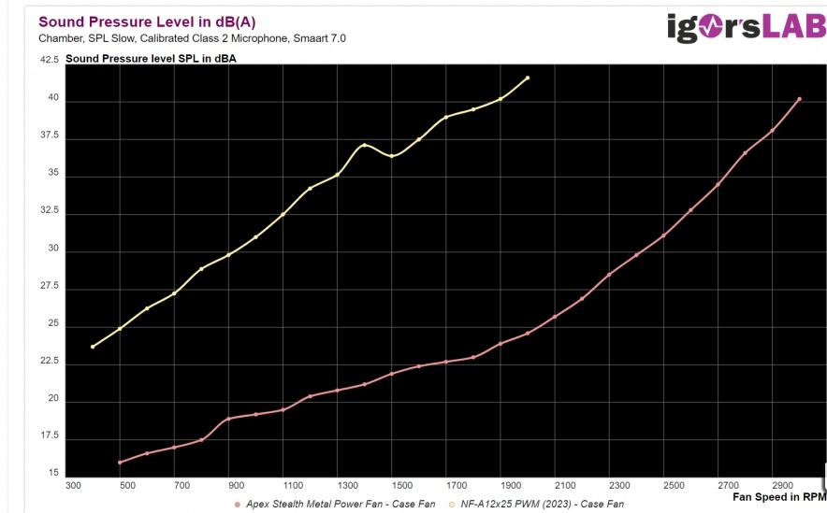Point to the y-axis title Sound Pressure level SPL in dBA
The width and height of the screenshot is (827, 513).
click(x=151, y=59)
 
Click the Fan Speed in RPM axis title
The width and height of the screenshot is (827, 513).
click(x=779, y=496)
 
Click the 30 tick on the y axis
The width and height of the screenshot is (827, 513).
click(x=52, y=249)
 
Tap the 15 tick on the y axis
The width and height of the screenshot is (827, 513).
click(x=52, y=473)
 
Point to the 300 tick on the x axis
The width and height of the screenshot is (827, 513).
click(x=73, y=486)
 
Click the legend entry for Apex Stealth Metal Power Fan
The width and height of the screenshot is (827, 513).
click(x=335, y=505)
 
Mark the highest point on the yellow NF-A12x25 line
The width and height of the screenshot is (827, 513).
click(x=528, y=78)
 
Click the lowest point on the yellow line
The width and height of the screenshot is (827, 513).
click(x=93, y=347)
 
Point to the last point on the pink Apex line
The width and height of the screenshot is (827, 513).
click(x=799, y=99)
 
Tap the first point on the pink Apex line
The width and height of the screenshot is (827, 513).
click(x=120, y=463)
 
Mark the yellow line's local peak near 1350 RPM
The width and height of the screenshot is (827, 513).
click(x=364, y=146)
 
